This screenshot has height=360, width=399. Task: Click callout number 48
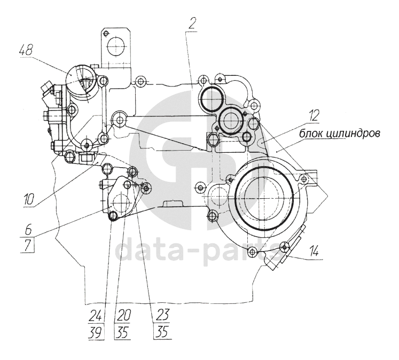pyautogui.click(x=26, y=51)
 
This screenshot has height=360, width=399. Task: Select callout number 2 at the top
pyautogui.click(x=192, y=24)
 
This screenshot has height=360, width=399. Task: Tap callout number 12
pyautogui.click(x=314, y=116)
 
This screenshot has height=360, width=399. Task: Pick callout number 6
pyautogui.click(x=28, y=231)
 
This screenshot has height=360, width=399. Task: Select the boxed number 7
pyautogui.click(x=28, y=245)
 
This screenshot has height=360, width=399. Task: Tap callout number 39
pyautogui.click(x=96, y=333)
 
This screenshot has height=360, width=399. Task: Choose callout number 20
pyautogui.click(x=123, y=316)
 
